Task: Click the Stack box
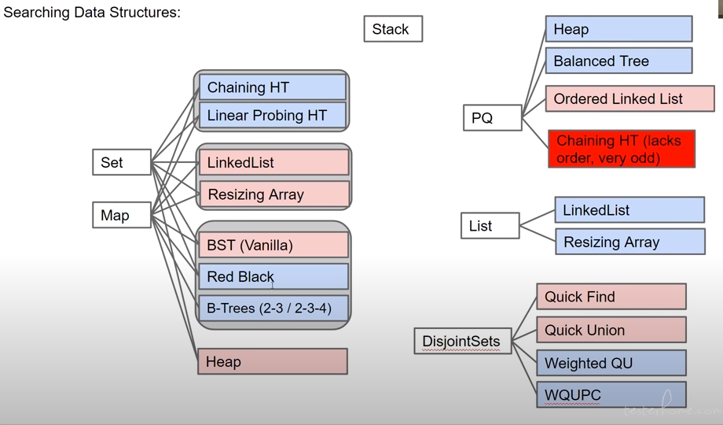pyautogui.click(x=393, y=28)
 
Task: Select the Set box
pyautogui.click(x=122, y=162)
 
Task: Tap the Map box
pyautogui.click(x=122, y=215)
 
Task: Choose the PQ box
pyautogui.click(x=493, y=118)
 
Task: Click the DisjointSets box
pyautogui.click(x=463, y=341)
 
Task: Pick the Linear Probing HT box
pyautogui.click(x=273, y=115)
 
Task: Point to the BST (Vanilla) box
pyautogui.click(x=273, y=245)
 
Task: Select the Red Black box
pyautogui.click(x=273, y=276)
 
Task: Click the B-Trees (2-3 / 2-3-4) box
pyautogui.click(x=273, y=309)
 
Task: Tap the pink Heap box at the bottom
pyautogui.click(x=273, y=361)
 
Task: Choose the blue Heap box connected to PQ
pyautogui.click(x=618, y=28)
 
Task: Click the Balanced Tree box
pyautogui.click(x=618, y=61)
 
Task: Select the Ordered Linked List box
pyautogui.click(x=629, y=98)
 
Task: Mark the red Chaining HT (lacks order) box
pyautogui.click(x=622, y=149)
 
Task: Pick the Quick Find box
pyautogui.click(x=611, y=297)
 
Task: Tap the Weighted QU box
pyautogui.click(x=611, y=363)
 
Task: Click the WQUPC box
pyautogui.click(x=611, y=394)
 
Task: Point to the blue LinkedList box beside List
pyautogui.click(x=629, y=209)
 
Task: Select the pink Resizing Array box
pyautogui.click(x=274, y=194)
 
